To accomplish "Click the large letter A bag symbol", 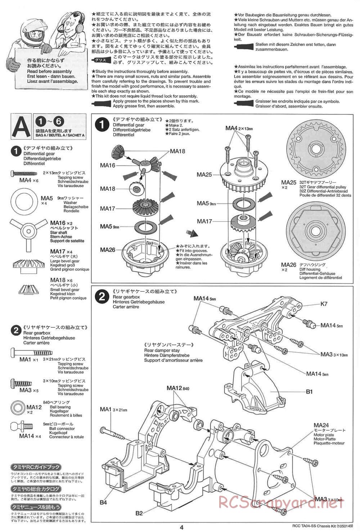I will (21, 126).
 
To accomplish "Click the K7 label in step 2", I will (324, 304).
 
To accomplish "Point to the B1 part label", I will (309, 392).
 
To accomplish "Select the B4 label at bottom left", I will (104, 502).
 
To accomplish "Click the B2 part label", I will (139, 513).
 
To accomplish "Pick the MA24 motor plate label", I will (321, 425).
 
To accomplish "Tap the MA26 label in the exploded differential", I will (108, 249).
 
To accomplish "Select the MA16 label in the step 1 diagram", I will (108, 165).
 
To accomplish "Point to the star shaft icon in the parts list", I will (28, 230).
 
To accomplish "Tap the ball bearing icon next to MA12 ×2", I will (17, 407).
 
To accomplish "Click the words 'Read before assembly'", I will (49, 71).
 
